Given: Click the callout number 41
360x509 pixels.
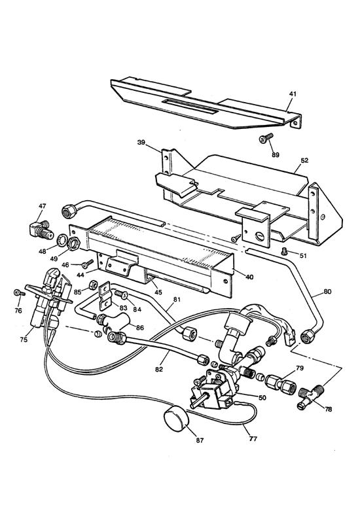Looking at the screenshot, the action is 293,94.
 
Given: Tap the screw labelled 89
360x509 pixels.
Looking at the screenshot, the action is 266,138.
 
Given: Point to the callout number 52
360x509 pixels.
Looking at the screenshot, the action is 304,161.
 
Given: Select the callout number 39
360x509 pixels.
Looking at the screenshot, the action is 141,143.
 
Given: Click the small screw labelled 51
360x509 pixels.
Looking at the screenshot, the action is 284,251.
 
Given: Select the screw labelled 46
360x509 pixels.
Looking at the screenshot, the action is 88,264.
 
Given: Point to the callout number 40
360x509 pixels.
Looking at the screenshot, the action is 249,277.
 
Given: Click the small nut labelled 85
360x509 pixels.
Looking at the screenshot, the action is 92,285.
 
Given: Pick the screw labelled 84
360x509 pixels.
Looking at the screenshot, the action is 121,294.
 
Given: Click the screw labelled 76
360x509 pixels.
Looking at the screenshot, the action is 19,293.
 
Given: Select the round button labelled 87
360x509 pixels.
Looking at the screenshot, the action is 176,420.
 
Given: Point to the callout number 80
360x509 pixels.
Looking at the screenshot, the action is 327,292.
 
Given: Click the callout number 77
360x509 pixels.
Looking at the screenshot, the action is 253,439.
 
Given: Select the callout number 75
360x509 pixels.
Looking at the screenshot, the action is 24,340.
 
